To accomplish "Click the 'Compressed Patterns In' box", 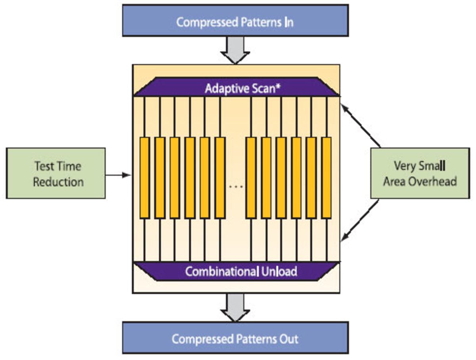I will click(x=235, y=21).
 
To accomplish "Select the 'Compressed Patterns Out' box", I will click(x=235, y=338).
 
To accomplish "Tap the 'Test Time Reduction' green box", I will click(x=56, y=173).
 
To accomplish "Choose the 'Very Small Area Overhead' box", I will click(x=420, y=173).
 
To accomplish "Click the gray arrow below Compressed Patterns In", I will click(x=235, y=50).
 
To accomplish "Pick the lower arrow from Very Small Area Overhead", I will click(x=360, y=221).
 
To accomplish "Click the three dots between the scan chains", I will click(x=236, y=186).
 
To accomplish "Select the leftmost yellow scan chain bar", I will click(x=145, y=178).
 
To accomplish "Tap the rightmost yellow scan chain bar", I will click(x=326, y=178).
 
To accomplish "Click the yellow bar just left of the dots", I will click(x=220, y=178).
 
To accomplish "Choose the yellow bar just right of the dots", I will click(x=251, y=178).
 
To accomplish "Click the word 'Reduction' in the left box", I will click(x=58, y=182).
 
